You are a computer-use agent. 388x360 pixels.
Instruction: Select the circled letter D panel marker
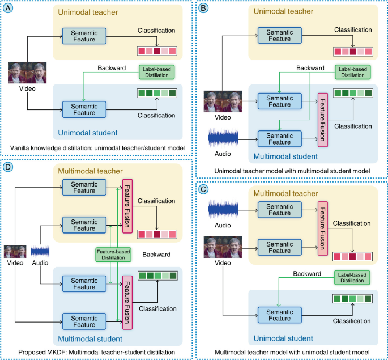pos(9,168)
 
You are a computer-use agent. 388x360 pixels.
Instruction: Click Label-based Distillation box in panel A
pos(156,72)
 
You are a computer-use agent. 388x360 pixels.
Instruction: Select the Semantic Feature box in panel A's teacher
pos(84,35)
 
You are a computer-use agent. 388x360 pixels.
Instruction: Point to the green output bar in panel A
pos(157,94)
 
